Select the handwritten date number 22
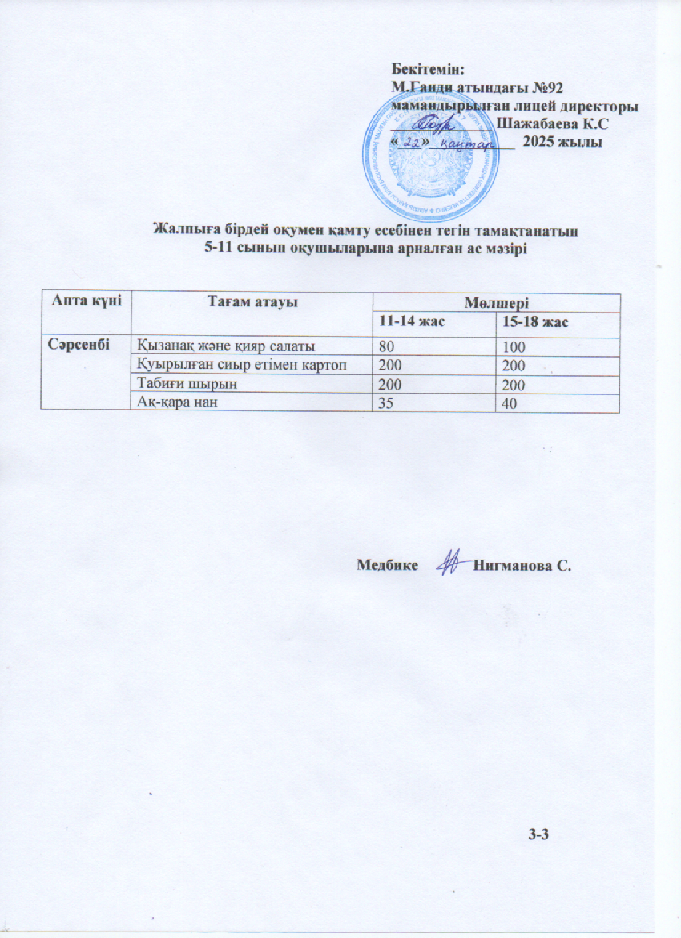pyautogui.click(x=412, y=142)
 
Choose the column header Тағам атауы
pyautogui.click(x=253, y=301)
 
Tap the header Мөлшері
pyautogui.click(x=497, y=301)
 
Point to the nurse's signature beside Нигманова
pyautogui.click(x=449, y=564)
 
